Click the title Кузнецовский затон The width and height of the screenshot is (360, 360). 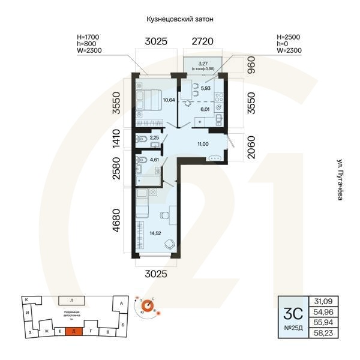pyautogui.click(x=180, y=19)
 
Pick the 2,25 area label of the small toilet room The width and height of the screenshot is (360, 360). pyautogui.click(x=154, y=138)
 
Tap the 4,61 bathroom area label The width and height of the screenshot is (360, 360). pyautogui.click(x=154, y=160)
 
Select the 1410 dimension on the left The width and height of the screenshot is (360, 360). pyautogui.click(x=117, y=139)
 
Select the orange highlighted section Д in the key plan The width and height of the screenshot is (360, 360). pyautogui.click(x=73, y=331)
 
